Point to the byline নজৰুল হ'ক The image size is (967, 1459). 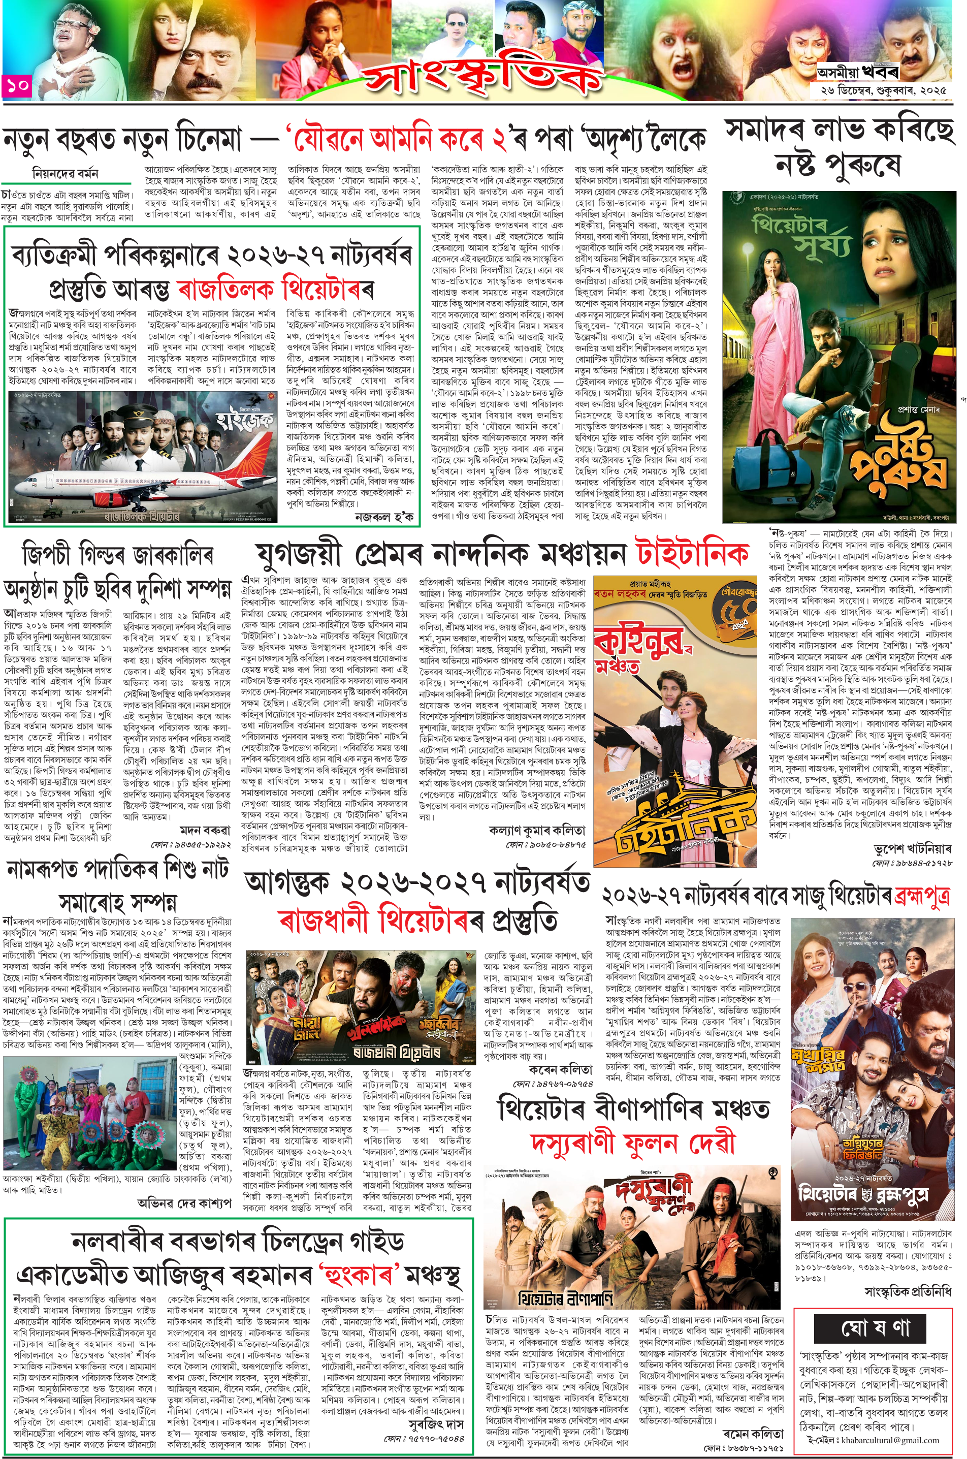click(384, 516)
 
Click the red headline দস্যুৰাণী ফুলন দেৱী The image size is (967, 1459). click(632, 1143)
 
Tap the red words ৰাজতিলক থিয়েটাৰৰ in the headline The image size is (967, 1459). click(275, 289)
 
